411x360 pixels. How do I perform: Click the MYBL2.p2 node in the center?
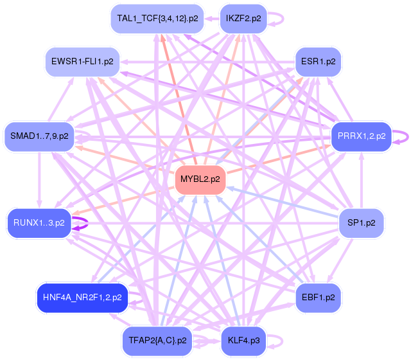[200, 179]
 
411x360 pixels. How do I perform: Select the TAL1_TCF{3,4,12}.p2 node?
[157, 19]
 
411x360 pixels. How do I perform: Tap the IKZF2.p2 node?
[243, 19]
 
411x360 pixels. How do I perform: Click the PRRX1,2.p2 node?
[361, 136]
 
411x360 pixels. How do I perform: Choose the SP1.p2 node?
[361, 222]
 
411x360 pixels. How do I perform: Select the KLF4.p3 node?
[243, 340]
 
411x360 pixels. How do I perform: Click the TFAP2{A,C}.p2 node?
[157, 340]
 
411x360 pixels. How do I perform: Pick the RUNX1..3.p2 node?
[39, 222]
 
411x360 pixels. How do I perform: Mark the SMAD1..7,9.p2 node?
[39, 136]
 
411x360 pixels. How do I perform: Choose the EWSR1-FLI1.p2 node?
[82, 62]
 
